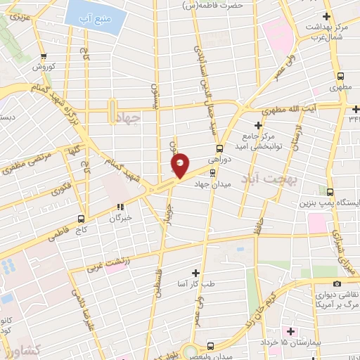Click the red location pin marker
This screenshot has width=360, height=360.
(x=181, y=165)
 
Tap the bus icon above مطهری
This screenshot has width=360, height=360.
(x=340, y=76)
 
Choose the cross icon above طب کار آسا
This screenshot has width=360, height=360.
(x=195, y=272)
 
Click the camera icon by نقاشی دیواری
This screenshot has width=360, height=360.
(x=337, y=283)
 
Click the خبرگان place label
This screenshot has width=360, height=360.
(x=120, y=218)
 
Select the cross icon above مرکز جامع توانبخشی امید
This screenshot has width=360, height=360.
(x=259, y=124)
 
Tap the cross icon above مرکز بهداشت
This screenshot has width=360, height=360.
(x=326, y=15)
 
